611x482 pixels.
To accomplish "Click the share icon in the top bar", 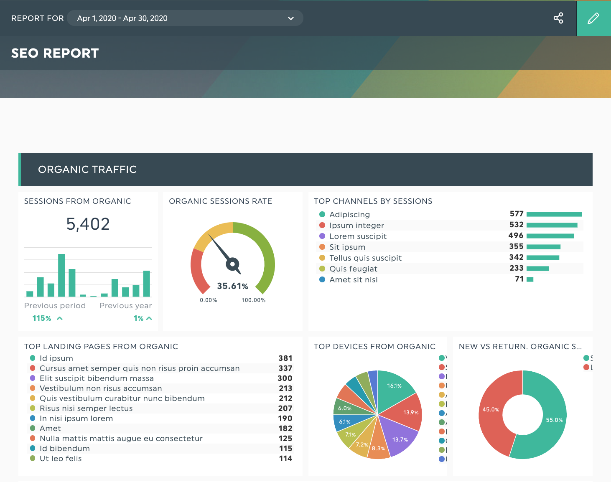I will [x=558, y=18].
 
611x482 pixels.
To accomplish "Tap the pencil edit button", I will [x=593, y=18].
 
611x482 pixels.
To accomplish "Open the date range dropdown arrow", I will [x=291, y=18].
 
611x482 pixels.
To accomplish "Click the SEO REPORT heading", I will [x=55, y=53].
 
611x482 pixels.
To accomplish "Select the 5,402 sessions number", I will [x=88, y=224].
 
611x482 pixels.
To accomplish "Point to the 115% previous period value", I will [x=42, y=318].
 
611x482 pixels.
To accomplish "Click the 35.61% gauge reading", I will [x=232, y=286].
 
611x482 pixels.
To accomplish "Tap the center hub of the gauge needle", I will [x=232, y=264].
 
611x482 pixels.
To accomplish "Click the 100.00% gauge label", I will [x=253, y=300].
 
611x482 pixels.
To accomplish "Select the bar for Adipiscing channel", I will [x=554, y=214].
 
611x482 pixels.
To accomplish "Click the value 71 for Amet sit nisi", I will [x=519, y=279].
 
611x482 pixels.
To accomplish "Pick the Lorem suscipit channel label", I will [x=358, y=236].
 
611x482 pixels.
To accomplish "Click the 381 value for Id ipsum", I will [x=285, y=358].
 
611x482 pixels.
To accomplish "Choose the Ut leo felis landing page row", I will [x=61, y=459].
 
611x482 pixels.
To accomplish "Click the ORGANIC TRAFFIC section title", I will [x=87, y=170].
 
